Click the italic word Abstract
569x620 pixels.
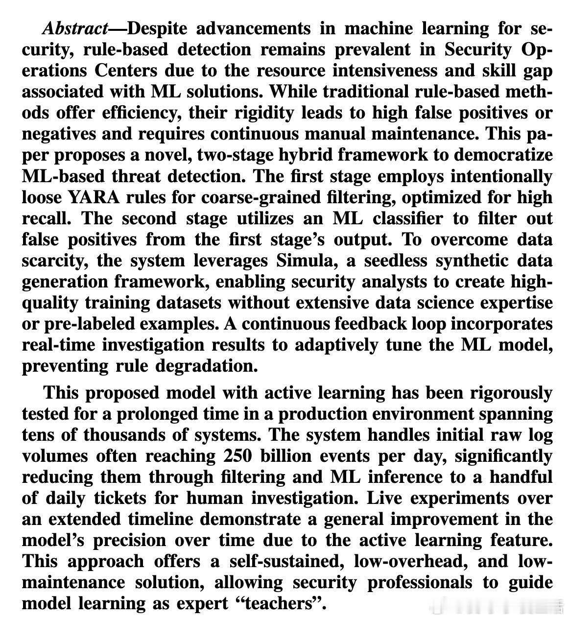(x=74, y=28)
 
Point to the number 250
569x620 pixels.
(x=238, y=455)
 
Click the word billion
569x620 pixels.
(x=285, y=455)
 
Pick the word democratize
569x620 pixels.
(x=503, y=155)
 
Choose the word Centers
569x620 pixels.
(x=126, y=71)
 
